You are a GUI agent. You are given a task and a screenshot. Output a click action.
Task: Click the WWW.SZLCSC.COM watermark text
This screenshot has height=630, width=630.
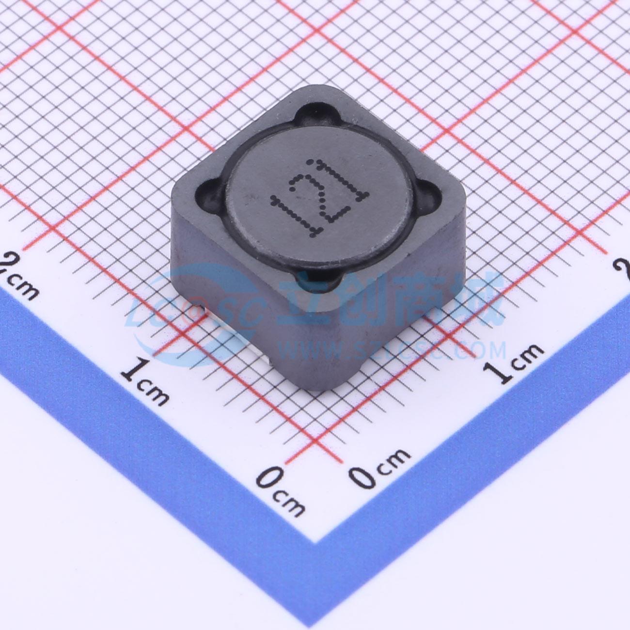coord(388,349)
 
